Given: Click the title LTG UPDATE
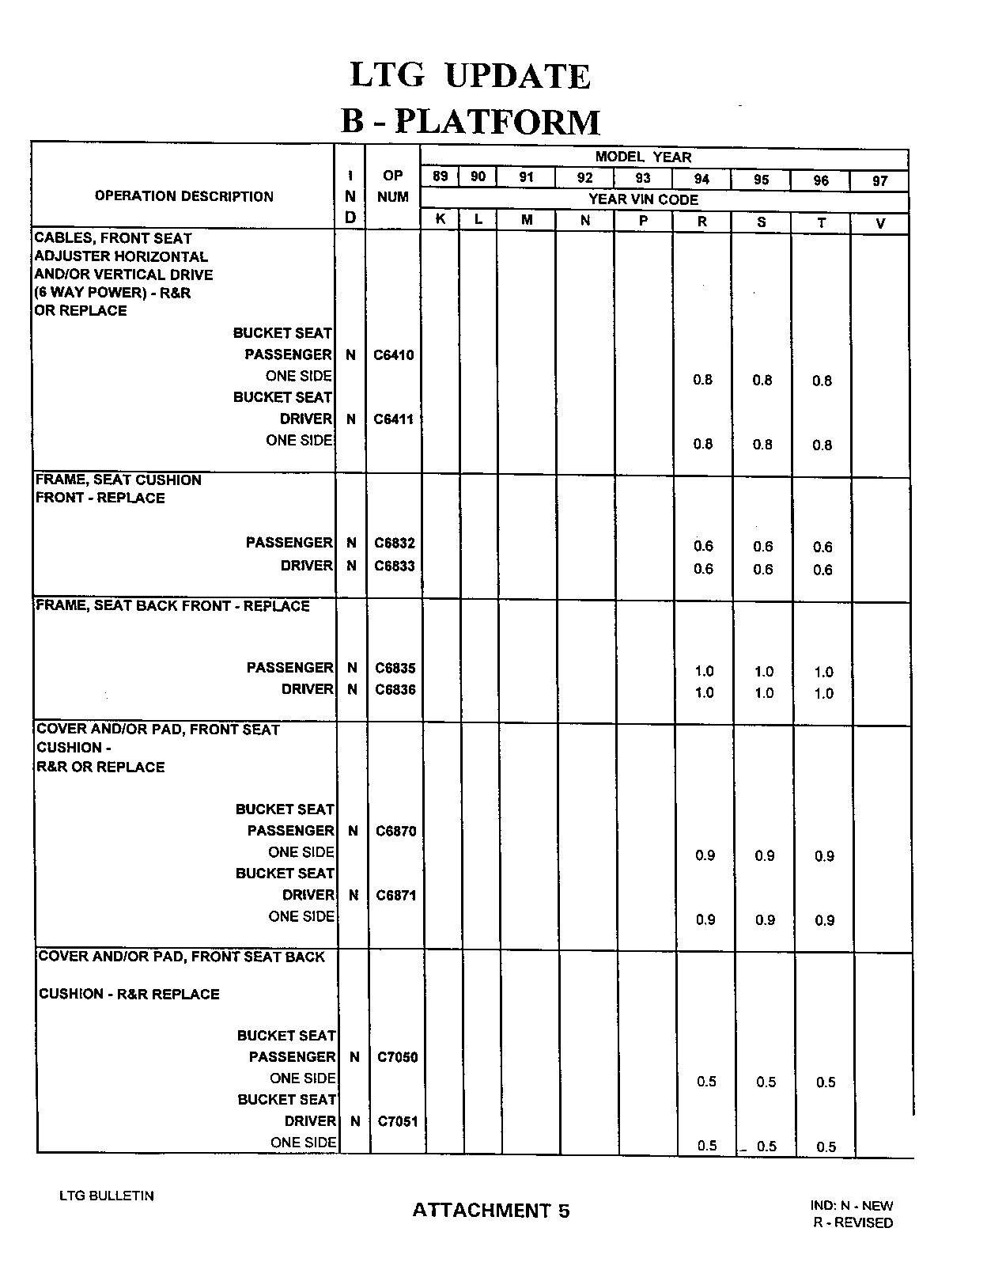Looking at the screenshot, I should [x=470, y=76].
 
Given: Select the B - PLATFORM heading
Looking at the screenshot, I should [x=470, y=122].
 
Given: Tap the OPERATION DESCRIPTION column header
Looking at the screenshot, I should [x=183, y=196].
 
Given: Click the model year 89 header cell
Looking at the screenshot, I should [x=441, y=176].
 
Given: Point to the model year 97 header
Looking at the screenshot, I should [x=879, y=181].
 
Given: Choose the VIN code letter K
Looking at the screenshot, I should [x=441, y=220].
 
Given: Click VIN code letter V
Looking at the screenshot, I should [x=880, y=224].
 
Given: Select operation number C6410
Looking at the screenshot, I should [x=393, y=355].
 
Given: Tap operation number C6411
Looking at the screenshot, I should [x=393, y=419].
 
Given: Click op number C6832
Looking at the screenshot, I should [x=394, y=543].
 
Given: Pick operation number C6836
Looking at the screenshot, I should [x=395, y=690].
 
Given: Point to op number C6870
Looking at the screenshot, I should [x=395, y=831].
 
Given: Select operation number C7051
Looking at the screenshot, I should [x=397, y=1121].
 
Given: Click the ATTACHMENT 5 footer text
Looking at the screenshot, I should [x=490, y=1211].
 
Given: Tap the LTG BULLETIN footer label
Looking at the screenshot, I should [x=107, y=1196].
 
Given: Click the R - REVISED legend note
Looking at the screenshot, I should [x=853, y=1222].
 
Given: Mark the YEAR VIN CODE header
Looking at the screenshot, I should [x=643, y=199].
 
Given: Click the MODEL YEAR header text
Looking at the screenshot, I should [x=643, y=157].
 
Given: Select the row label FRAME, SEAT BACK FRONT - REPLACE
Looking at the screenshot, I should [x=173, y=606].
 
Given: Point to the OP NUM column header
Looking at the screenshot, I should [x=392, y=186].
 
